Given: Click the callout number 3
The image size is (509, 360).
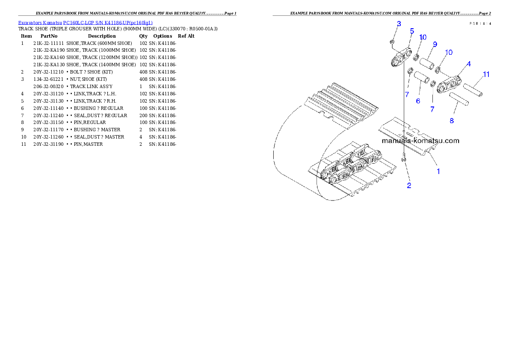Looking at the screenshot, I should (399, 24).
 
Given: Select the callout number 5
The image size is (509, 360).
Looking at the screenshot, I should (411, 31).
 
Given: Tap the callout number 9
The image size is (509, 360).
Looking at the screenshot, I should (435, 44).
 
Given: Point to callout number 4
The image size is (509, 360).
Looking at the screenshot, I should (469, 64).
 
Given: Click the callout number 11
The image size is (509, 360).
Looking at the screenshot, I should (486, 74).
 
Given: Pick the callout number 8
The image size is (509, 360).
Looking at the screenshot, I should (452, 121).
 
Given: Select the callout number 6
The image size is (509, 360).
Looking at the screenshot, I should (418, 101).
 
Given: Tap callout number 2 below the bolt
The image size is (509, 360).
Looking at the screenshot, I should (409, 186).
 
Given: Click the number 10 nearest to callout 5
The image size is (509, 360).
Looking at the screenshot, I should (423, 38).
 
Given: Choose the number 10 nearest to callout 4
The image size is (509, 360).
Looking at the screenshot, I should (449, 52).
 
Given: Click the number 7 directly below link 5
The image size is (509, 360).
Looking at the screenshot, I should (407, 94).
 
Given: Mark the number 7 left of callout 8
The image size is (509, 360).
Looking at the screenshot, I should (432, 109).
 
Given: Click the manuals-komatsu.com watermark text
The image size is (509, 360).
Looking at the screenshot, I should (420, 141).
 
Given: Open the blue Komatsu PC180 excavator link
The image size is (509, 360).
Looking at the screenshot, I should (85, 22).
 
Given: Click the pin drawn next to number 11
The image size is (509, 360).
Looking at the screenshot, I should (473, 91).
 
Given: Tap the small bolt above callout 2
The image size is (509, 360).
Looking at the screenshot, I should (404, 159).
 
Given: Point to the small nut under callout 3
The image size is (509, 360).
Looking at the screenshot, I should (391, 42).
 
